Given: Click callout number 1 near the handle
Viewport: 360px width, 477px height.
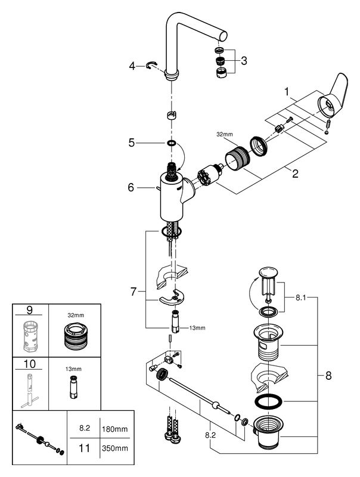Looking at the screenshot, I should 287,92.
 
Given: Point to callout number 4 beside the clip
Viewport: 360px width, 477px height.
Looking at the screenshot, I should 132,66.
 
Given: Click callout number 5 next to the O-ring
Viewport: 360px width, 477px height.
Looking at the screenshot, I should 132,143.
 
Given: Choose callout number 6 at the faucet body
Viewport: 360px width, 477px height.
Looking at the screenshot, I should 132,187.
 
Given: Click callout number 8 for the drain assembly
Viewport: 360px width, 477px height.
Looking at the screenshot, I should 328,376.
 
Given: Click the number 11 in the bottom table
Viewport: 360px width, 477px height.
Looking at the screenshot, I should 85,445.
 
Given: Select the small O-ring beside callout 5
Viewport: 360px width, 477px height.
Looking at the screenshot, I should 172,143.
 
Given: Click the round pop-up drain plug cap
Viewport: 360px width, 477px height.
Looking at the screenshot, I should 267,274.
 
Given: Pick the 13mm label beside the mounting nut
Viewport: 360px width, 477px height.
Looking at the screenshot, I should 197,327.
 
